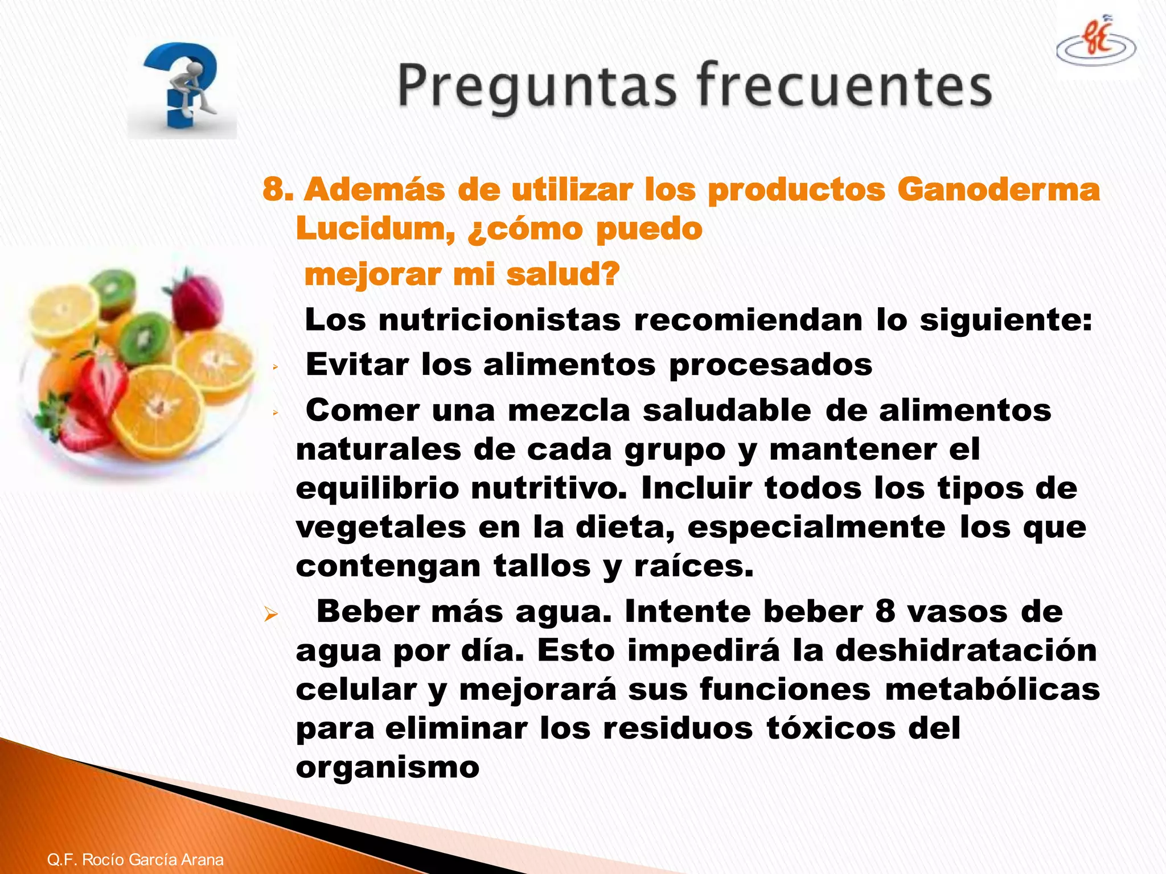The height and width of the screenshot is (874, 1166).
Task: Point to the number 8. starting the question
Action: [x=277, y=189]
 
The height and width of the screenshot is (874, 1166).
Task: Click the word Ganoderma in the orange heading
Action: [x=999, y=189]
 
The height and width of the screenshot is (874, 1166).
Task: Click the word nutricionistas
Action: [x=499, y=320]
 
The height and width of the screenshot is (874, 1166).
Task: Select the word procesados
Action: [x=770, y=365]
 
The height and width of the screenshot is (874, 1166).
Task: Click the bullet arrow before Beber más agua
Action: [x=270, y=615]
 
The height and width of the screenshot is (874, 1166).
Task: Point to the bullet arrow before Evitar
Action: [x=275, y=368]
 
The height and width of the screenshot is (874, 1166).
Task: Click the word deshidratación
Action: [x=966, y=650]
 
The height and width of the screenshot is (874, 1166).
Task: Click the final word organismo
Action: [x=388, y=768]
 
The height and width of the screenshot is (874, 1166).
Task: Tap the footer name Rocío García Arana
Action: [x=153, y=859]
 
